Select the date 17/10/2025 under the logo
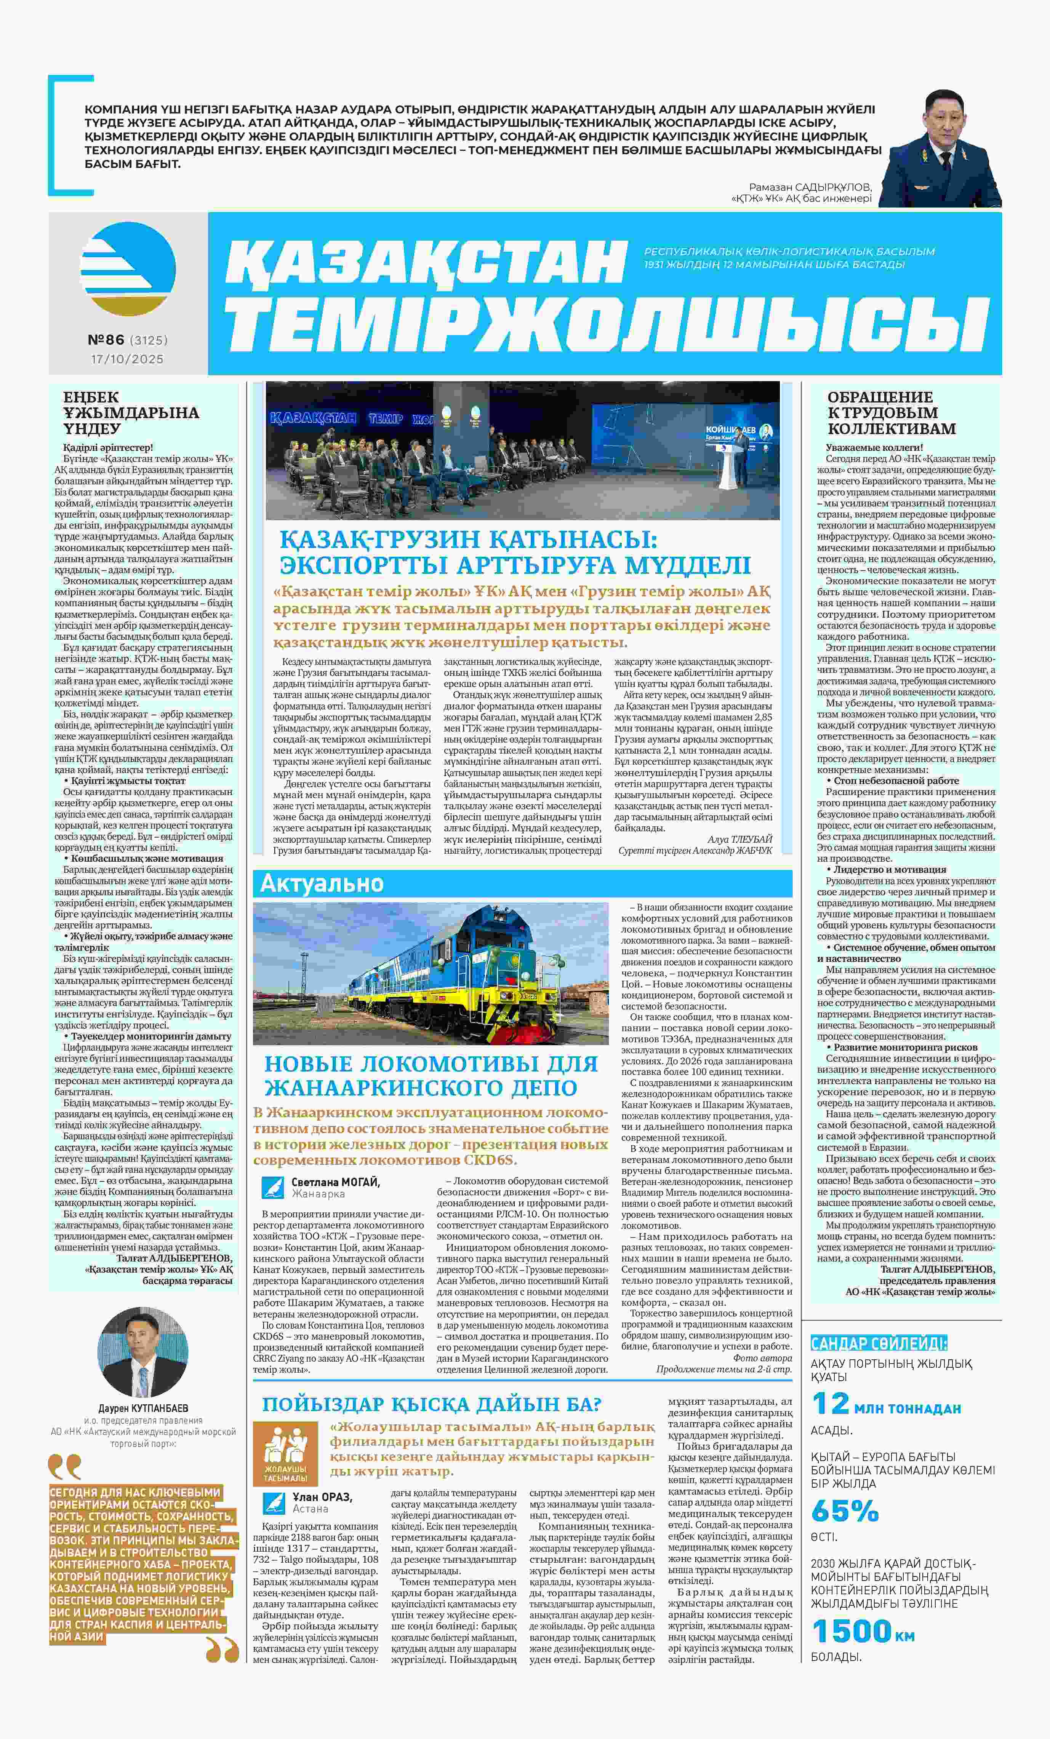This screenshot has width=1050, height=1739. click(127, 359)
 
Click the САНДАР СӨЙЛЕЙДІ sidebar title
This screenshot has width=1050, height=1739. click(879, 1343)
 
